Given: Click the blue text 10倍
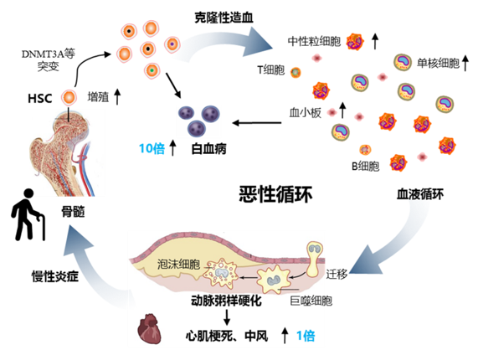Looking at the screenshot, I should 152,148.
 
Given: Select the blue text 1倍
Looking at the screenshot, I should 306,336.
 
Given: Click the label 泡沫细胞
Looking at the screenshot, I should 178,264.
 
